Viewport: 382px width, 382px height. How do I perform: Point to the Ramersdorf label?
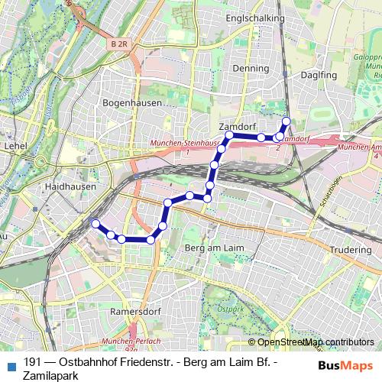(x=133, y=312)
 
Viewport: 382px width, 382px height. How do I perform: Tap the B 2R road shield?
(x=118, y=45)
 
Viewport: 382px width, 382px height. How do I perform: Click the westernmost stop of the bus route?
(x=95, y=223)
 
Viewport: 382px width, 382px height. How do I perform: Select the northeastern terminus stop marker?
(x=287, y=121)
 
